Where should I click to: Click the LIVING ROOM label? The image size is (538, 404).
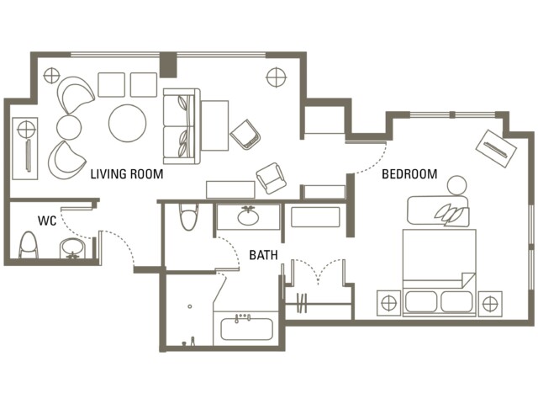tap(127, 174)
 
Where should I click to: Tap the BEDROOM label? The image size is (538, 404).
tap(409, 174)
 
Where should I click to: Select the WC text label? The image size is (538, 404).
tap(47, 221)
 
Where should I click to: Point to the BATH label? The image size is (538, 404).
tap(263, 255)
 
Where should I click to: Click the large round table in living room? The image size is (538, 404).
tap(127, 123)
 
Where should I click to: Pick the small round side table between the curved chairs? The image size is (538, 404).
tap(69, 127)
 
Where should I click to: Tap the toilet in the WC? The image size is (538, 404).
tap(28, 245)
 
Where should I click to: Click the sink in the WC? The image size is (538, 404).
tap(72, 248)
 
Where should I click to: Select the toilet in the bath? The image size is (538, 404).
tap(189, 217)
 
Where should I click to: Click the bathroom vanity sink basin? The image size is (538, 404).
tap(248, 216)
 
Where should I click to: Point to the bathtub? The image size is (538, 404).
tap(246, 329)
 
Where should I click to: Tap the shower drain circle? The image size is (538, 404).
tap(190, 306)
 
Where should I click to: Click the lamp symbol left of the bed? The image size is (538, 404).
tap(388, 303)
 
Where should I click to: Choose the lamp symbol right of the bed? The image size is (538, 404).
tap(490, 304)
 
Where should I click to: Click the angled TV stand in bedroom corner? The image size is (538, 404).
tap(496, 148)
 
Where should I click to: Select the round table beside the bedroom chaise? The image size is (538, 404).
tap(457, 185)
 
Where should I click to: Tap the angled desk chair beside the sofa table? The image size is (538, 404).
tap(245, 135)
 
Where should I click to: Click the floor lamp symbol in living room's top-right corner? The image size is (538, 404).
tap(277, 77)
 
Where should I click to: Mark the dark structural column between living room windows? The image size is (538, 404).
tap(168, 64)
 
